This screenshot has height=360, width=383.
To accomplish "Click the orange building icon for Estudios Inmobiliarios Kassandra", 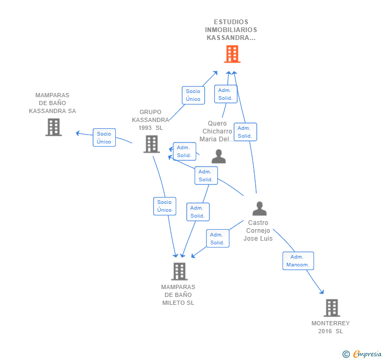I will coord(231,54).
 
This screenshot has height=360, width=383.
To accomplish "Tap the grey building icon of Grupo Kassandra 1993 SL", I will coord(152,144).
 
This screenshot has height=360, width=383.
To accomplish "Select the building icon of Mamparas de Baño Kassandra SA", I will coord(53,127).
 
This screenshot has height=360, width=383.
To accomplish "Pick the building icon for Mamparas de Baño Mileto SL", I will coord(179,271).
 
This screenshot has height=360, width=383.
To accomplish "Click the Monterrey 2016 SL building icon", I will coord(331,308).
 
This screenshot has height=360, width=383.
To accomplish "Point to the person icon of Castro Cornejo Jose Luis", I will coord(259,209).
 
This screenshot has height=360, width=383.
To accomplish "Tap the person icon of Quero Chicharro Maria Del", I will coord(218,157).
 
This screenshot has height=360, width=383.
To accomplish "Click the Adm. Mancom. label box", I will coord(298,261).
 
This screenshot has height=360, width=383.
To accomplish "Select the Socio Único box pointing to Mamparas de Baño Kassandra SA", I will coord(104,137).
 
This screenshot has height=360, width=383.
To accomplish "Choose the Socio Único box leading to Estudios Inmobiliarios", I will coord(193,95).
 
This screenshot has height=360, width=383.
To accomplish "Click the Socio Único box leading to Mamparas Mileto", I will coord(164,206).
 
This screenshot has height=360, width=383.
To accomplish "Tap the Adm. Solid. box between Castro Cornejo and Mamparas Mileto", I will coord(217,239).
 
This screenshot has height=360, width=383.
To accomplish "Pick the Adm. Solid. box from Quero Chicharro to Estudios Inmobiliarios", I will coord(225,94).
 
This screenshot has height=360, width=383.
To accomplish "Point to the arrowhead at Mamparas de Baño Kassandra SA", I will coord(78,132).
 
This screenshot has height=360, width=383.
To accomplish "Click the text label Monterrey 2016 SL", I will coord(330,327).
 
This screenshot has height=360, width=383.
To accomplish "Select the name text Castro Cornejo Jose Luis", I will coord(258,231).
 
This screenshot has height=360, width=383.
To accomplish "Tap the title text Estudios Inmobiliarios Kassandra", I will coord(231,30).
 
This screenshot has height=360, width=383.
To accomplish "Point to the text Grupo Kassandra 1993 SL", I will coord(150,120).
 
